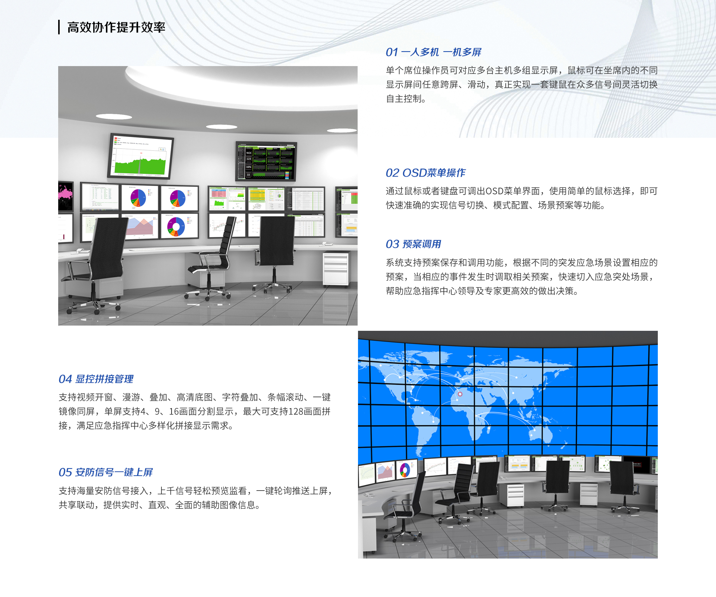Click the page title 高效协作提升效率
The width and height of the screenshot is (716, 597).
(x=116, y=27)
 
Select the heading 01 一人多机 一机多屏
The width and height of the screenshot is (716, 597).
(x=433, y=52)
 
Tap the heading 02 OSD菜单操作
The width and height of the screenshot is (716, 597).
(x=425, y=173)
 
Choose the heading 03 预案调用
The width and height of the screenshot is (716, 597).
(x=413, y=244)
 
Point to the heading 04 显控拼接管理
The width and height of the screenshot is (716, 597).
(x=96, y=379)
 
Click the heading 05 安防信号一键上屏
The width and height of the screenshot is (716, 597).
(x=106, y=472)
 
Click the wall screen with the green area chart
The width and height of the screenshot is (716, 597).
(x=141, y=156)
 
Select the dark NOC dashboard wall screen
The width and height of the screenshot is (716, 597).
(x=266, y=161)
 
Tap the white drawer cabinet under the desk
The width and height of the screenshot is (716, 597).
(x=335, y=269)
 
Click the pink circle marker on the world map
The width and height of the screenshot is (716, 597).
(x=460, y=394)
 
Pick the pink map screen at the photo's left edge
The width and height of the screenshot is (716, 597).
(x=66, y=196)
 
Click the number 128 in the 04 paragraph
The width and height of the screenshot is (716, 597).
(x=296, y=411)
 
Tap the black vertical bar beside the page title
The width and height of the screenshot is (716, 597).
(x=59, y=27)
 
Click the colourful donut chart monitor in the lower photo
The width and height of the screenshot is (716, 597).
(x=405, y=469)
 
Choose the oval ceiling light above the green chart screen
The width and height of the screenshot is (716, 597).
(x=114, y=117)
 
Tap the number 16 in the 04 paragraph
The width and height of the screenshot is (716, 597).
(x=174, y=411)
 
